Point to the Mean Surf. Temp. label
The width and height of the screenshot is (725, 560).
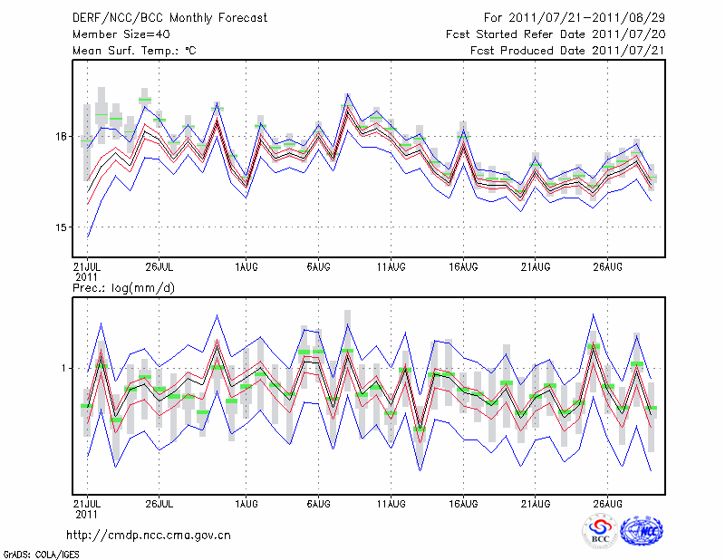click(134, 51)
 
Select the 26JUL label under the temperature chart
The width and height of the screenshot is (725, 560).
click(159, 266)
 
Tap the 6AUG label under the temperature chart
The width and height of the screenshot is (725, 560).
click(317, 266)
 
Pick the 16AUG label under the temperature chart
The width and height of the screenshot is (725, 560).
click(462, 266)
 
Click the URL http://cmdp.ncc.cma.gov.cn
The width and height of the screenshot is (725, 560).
click(150, 535)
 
